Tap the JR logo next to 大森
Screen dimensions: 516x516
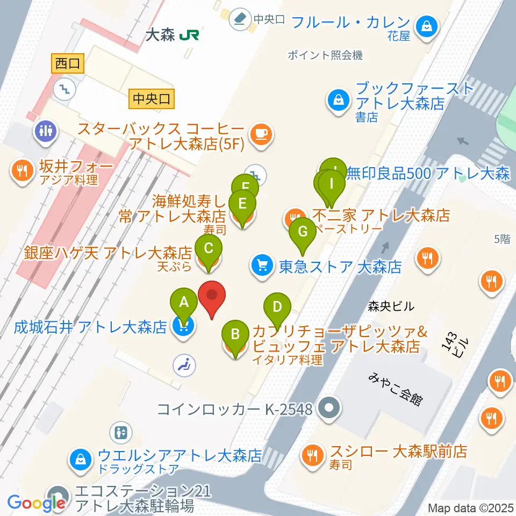tap(190, 35)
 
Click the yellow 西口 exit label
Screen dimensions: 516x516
tap(67, 64)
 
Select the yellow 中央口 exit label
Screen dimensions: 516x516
tap(151, 98)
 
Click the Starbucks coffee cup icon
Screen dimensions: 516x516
tap(261, 133)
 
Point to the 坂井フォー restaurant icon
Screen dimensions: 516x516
tap(21, 171)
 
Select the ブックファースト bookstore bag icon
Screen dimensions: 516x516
tap(339, 99)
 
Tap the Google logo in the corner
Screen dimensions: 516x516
tap(37, 503)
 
